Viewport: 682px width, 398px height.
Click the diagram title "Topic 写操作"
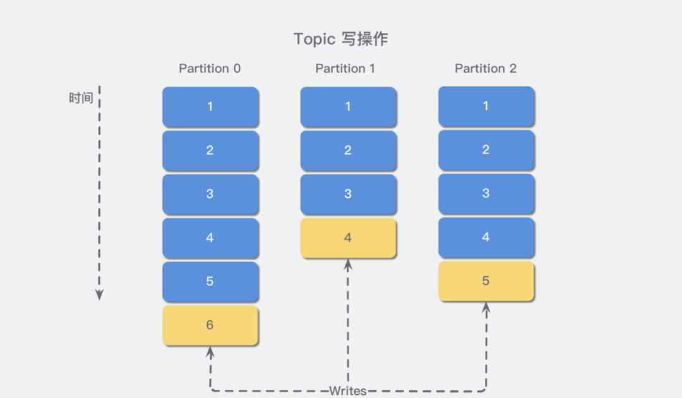pos(340,39)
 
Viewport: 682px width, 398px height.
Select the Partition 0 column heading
pos(210,68)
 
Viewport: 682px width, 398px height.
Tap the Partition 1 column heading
pos(345,68)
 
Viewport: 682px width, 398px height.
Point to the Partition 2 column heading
pos(486,68)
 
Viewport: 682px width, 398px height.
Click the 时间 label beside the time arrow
pos(81,98)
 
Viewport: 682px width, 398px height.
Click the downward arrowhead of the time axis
pos(99,294)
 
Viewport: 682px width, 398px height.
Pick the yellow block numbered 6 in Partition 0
pos(210,325)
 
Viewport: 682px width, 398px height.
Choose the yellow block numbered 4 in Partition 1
pos(349,238)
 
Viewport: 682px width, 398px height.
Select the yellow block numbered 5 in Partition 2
pos(486,281)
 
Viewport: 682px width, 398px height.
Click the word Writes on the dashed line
pos(347,390)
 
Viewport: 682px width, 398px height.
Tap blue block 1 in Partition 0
pos(210,107)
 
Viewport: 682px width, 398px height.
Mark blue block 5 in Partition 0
pos(210,281)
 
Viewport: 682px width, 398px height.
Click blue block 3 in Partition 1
pos(349,194)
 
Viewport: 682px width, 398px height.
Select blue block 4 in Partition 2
pos(486,237)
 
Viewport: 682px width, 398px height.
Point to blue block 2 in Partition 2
pos(486,150)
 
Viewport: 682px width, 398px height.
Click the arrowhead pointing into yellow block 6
pos(210,352)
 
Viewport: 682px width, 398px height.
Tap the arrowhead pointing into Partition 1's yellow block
pos(348,265)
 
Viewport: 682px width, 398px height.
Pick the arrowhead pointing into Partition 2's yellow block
pos(486,308)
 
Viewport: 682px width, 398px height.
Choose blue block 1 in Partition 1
pos(349,107)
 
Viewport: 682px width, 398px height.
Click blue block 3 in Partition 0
pos(210,194)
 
